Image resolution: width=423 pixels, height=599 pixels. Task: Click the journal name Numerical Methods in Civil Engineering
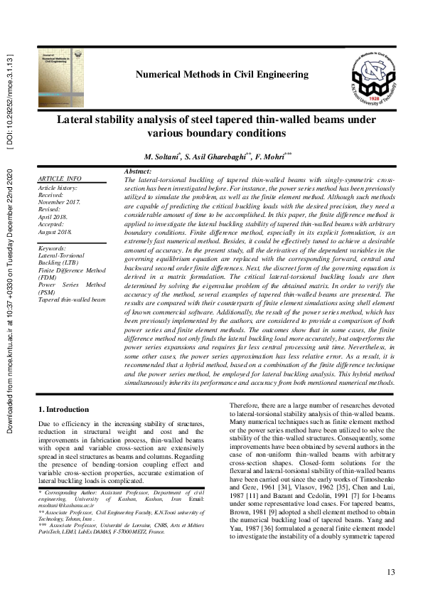coord(221,74)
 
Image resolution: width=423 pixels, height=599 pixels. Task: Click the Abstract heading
coord(137,172)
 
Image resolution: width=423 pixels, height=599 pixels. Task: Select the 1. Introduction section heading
coord(63,409)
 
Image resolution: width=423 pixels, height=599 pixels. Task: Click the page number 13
coord(390,573)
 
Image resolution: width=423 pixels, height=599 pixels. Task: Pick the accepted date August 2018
coord(57,232)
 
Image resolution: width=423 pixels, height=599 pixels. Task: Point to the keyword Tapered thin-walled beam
coord(71,300)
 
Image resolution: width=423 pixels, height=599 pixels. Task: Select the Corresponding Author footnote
coord(122,492)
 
